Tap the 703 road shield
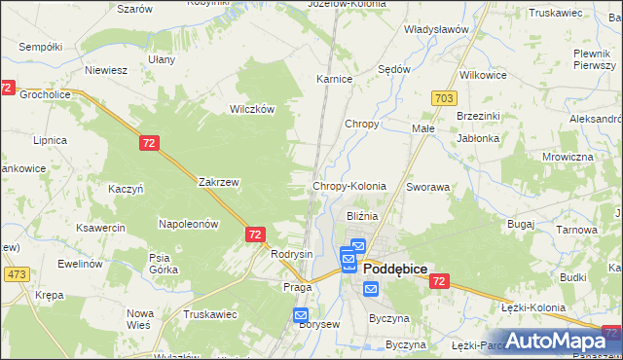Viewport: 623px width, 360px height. pyautogui.click(x=444, y=98)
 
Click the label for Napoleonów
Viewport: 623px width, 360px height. pyautogui.click(x=188, y=224)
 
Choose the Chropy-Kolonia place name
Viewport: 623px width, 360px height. pyautogui.click(x=348, y=186)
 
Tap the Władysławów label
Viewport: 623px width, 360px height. pyautogui.click(x=437, y=29)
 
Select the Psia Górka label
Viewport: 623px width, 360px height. pyautogui.click(x=159, y=264)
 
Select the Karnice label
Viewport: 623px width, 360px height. pyautogui.click(x=334, y=79)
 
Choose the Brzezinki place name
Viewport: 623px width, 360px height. pyautogui.click(x=478, y=115)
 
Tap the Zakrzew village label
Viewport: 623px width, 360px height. pyautogui.click(x=218, y=182)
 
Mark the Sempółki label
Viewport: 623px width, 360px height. pyautogui.click(x=40, y=46)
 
